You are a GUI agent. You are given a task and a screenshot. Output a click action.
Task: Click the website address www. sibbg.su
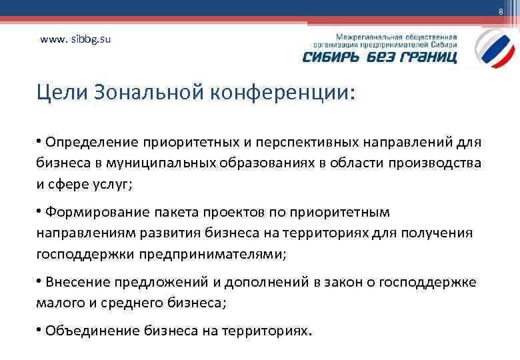click(75, 39)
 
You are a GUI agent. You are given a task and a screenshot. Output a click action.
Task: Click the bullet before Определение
click(41, 141)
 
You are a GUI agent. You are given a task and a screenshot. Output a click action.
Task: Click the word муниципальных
click(145, 163)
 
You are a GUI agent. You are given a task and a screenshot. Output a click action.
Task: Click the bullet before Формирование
click(41, 211)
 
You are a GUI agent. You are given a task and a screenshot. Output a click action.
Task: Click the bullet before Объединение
click(41, 330)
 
